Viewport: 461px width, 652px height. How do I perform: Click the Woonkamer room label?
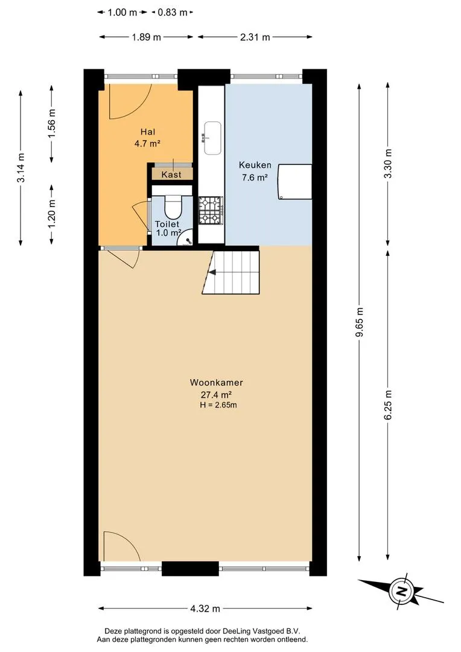[x=216, y=382]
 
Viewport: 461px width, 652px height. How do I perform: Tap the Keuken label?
[x=255, y=165]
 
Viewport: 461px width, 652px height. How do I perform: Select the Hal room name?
[x=148, y=132]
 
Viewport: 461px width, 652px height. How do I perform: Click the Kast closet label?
[x=171, y=174]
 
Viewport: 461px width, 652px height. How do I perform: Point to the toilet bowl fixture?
[x=173, y=206]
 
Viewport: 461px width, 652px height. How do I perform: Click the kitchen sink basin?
[x=212, y=138]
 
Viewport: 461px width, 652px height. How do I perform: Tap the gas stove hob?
[x=211, y=210]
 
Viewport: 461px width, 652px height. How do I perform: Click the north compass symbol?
[x=400, y=591]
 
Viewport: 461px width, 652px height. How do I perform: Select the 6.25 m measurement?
[x=388, y=406]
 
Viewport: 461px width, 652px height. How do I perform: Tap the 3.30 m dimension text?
[x=388, y=164]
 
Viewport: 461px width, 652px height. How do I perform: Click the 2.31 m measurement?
[x=255, y=37]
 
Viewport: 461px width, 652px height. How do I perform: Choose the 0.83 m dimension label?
[x=173, y=12]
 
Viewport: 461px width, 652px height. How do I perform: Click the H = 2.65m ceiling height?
[x=218, y=404]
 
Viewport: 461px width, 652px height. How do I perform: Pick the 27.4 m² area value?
[x=216, y=394]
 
